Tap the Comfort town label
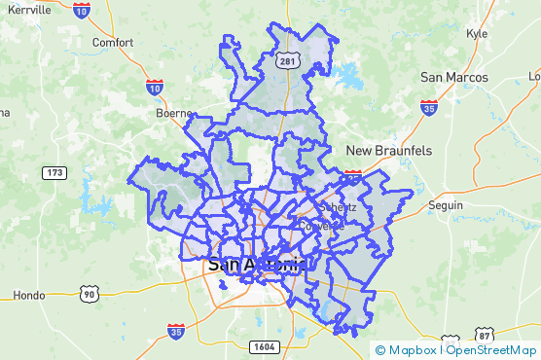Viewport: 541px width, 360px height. [x=112, y=43]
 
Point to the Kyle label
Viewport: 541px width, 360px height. [x=477, y=33]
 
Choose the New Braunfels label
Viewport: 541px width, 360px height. [x=389, y=151]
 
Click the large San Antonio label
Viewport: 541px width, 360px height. [x=258, y=265]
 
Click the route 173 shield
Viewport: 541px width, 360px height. [x=54, y=172]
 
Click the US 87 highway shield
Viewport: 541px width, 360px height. [x=484, y=335]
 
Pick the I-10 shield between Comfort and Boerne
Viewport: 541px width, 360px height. [x=154, y=88]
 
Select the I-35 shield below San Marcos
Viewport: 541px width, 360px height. [x=428, y=107]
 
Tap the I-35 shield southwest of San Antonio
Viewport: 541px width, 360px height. [x=175, y=332]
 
